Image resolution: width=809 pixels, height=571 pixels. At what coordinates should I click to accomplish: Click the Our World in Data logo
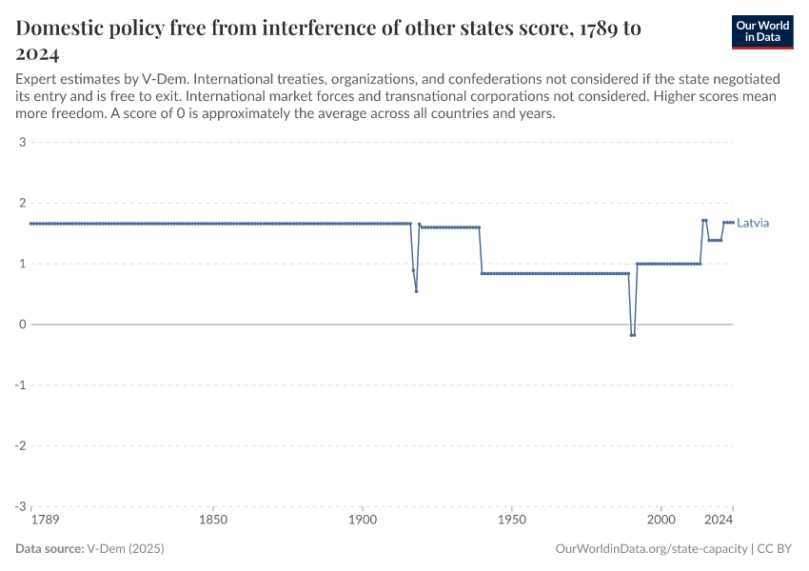pos(761,31)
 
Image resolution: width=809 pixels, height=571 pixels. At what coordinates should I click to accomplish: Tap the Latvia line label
pos(753,224)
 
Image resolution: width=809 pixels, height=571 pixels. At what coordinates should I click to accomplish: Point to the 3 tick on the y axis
pos(21,143)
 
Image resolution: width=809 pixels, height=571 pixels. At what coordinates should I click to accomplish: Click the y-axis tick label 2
pos(21,203)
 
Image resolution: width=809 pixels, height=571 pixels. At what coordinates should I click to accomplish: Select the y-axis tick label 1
pos(21,264)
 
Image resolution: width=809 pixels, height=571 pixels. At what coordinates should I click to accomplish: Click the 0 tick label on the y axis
pos(21,325)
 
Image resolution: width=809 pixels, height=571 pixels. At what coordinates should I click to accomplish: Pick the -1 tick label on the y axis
pos(19,385)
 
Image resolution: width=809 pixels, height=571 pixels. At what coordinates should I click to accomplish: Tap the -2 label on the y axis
pos(19,445)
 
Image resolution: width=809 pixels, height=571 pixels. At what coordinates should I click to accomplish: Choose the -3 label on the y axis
pos(19,506)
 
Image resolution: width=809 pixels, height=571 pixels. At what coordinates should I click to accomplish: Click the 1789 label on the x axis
pos(44,522)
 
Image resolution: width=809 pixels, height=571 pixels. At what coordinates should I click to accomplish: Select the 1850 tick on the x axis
pos(213,522)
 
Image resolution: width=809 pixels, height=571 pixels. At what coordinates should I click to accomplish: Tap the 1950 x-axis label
pos(512,522)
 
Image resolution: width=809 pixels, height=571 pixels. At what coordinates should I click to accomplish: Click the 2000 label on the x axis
pos(661,522)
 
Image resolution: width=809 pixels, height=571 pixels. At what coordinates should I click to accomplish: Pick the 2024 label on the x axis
pos(719,522)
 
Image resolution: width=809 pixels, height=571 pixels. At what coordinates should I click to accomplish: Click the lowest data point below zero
pos(632,335)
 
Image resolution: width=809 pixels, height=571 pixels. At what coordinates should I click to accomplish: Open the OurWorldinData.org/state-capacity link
pos(650,549)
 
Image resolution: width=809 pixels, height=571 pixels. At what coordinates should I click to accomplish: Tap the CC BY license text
pos(776,549)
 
